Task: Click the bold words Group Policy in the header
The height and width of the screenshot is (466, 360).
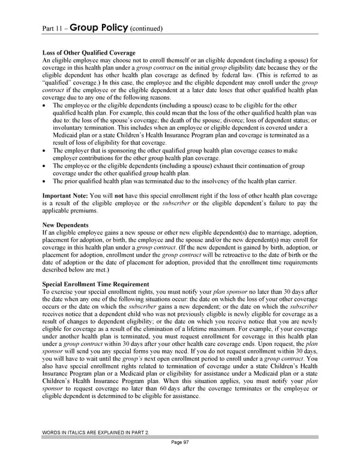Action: coord(98,27)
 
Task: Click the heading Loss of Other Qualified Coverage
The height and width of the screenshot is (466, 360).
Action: coord(89,53)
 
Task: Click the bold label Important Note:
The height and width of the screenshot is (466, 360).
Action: coord(65,196)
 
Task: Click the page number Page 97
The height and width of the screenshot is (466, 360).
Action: coord(179,458)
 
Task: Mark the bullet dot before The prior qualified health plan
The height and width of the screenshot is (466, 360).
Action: coord(46,181)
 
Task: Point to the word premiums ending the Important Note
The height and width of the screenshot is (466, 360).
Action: coord(83,211)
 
